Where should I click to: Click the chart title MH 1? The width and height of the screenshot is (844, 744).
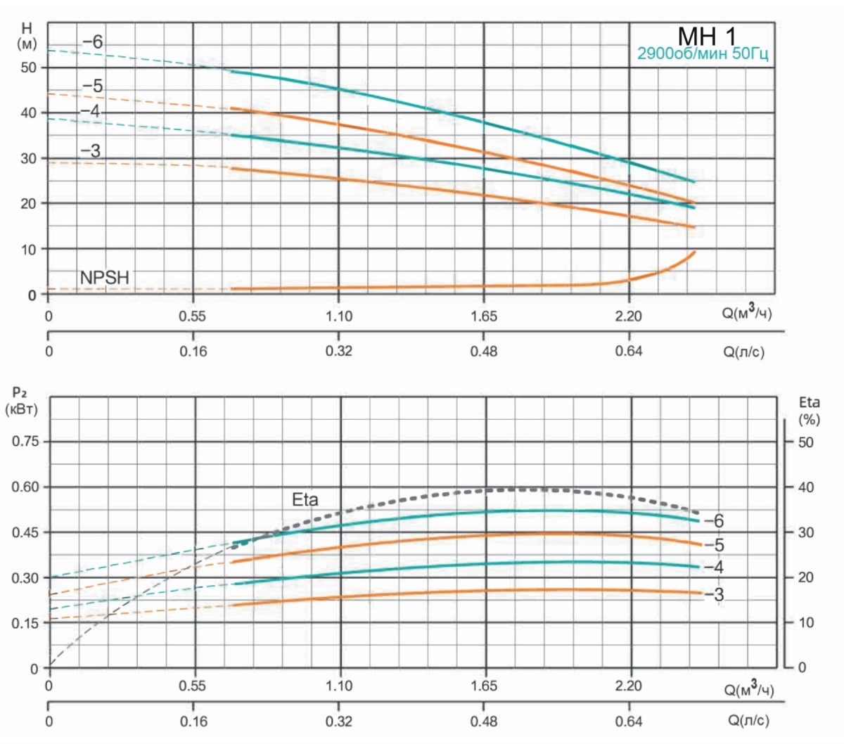point(708,37)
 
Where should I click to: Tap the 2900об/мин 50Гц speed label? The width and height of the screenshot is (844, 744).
point(703,54)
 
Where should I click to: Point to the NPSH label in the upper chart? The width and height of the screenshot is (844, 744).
point(105,278)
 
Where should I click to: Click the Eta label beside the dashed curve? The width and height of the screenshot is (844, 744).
point(305,500)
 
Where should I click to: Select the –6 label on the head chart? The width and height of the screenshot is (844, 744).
point(92,42)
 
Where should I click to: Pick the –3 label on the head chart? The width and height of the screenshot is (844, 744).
point(90,150)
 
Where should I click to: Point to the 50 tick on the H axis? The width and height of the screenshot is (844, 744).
point(28,68)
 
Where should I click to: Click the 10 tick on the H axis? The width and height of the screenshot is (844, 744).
point(28,249)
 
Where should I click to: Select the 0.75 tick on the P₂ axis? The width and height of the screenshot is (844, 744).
point(25,442)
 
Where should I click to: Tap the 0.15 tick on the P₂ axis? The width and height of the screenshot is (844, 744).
point(25,623)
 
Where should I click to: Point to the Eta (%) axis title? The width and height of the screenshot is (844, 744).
point(810,411)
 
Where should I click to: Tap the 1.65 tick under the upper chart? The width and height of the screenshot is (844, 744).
point(484,316)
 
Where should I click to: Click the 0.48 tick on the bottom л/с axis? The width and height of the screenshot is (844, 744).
point(484,721)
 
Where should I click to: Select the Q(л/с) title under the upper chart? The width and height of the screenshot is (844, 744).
point(743,351)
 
